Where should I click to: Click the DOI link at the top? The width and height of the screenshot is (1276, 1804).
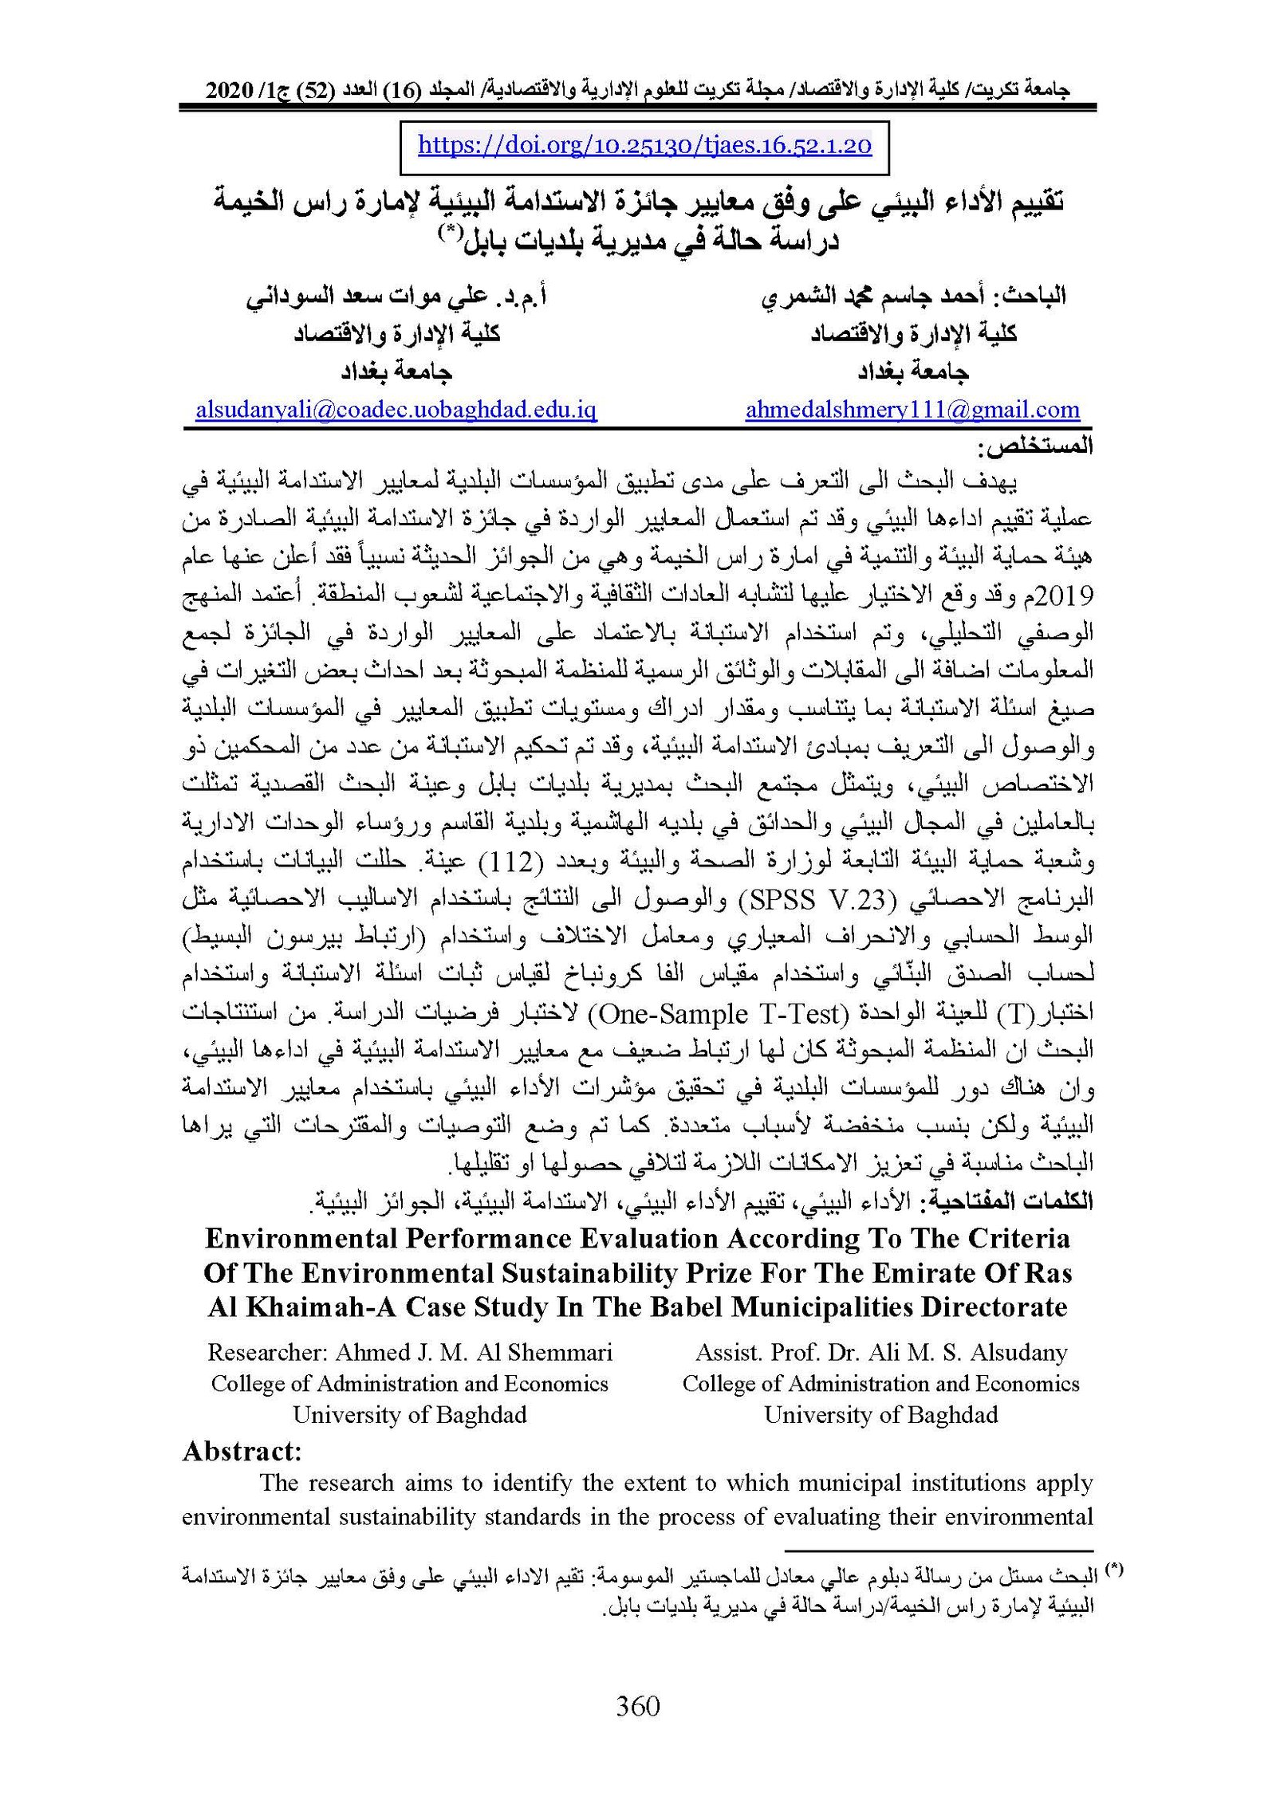point(644,145)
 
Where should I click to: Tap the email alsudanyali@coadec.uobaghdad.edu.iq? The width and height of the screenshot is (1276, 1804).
point(396,410)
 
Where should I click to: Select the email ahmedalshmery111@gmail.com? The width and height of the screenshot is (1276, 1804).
point(912,410)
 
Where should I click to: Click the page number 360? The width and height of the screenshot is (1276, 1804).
point(638,1707)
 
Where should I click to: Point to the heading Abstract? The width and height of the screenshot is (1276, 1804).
point(242,1451)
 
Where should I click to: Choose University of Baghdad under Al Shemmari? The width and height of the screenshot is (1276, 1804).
point(410,1414)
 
